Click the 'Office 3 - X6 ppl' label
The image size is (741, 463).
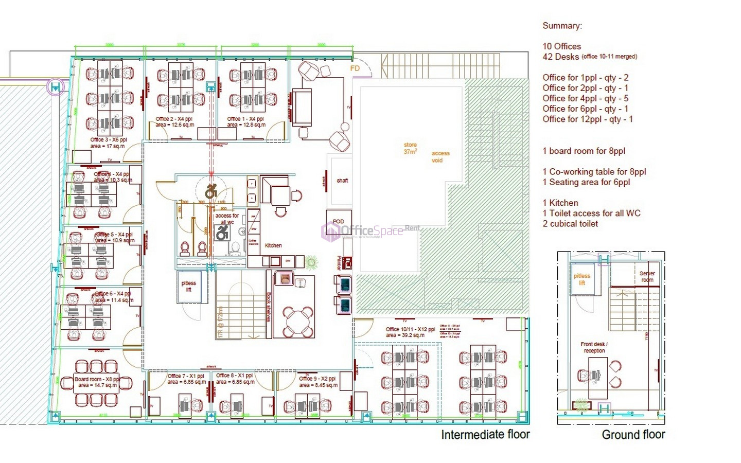108,140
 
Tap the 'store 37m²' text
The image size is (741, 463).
410,148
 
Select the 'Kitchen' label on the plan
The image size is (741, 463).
273,245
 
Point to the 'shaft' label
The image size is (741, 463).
342,181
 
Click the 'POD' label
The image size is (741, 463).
338,221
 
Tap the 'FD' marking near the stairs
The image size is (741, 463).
355,68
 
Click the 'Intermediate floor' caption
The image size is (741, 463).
485,435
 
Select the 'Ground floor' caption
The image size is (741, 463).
633,435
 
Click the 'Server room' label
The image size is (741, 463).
647,277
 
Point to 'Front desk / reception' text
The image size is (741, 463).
594,347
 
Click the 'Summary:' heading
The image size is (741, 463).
562,26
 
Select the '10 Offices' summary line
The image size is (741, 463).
561,46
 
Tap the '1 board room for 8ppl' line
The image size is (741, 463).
584,151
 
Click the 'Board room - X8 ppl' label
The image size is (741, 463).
97,379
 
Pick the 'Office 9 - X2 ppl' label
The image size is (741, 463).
317,379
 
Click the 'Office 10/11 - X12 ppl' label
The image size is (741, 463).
410,329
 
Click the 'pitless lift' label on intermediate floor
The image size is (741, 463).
188,287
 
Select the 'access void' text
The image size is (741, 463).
440,156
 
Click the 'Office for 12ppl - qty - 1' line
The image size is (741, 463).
587,119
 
